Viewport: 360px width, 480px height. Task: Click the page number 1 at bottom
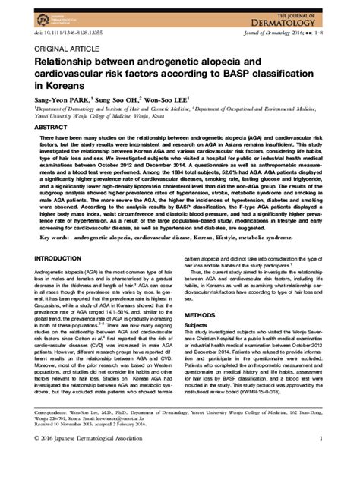pyautogui.click(x=322, y=461)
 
